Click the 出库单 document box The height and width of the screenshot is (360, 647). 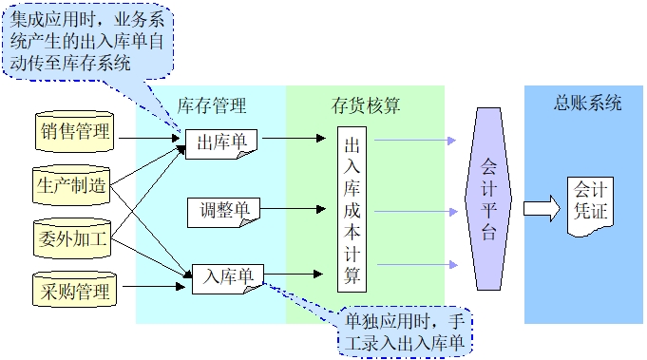(222, 142)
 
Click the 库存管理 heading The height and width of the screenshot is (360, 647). (212, 104)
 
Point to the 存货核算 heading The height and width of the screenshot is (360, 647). (366, 104)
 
